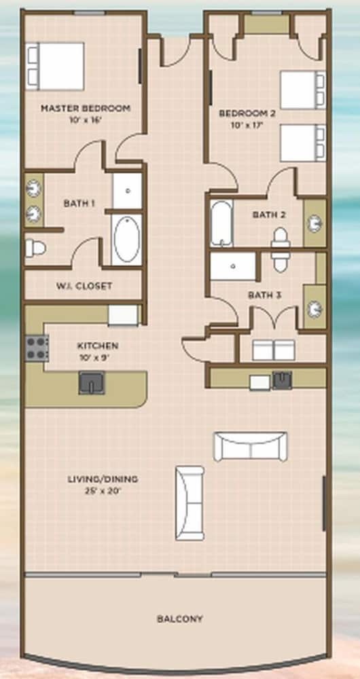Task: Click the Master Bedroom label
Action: click(86, 108)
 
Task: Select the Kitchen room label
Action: click(98, 346)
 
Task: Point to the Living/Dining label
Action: click(103, 479)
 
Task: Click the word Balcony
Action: click(179, 619)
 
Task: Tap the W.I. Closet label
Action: click(84, 286)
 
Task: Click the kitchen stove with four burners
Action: click(37, 348)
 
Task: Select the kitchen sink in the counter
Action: click(92, 382)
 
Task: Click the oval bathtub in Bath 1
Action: click(126, 239)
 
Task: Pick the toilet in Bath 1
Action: click(35, 249)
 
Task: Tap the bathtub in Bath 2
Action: click(221, 223)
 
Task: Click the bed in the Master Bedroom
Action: click(55, 66)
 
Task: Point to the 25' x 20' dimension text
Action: click(103, 491)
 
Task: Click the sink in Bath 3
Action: click(315, 309)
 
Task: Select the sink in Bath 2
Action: click(314, 223)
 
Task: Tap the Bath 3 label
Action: click(265, 295)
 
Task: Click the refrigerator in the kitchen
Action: click(123, 315)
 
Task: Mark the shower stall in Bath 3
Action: click(233, 266)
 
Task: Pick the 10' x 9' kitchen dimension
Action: click(98, 358)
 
